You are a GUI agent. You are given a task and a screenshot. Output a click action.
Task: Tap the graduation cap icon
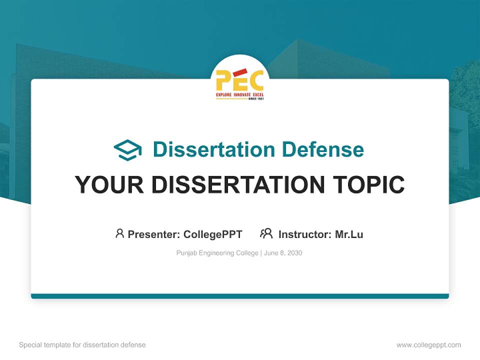pos(127,149)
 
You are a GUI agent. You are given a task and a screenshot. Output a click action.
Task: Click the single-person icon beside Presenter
pos(119,233)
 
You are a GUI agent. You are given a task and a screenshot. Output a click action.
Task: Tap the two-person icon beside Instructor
pos(266,233)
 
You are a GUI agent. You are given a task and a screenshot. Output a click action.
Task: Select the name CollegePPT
pos(212,234)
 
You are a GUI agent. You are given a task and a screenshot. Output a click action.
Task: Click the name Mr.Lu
pos(349,234)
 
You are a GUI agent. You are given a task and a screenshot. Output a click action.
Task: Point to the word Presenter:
pos(154,234)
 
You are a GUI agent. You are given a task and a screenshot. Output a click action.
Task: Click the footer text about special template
pos(82,345)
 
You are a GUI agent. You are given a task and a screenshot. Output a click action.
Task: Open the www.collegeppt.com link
pos(428,345)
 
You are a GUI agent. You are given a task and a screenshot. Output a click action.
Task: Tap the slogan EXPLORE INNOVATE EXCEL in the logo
pos(239,94)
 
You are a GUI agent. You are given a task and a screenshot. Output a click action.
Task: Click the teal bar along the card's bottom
pos(239,296)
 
